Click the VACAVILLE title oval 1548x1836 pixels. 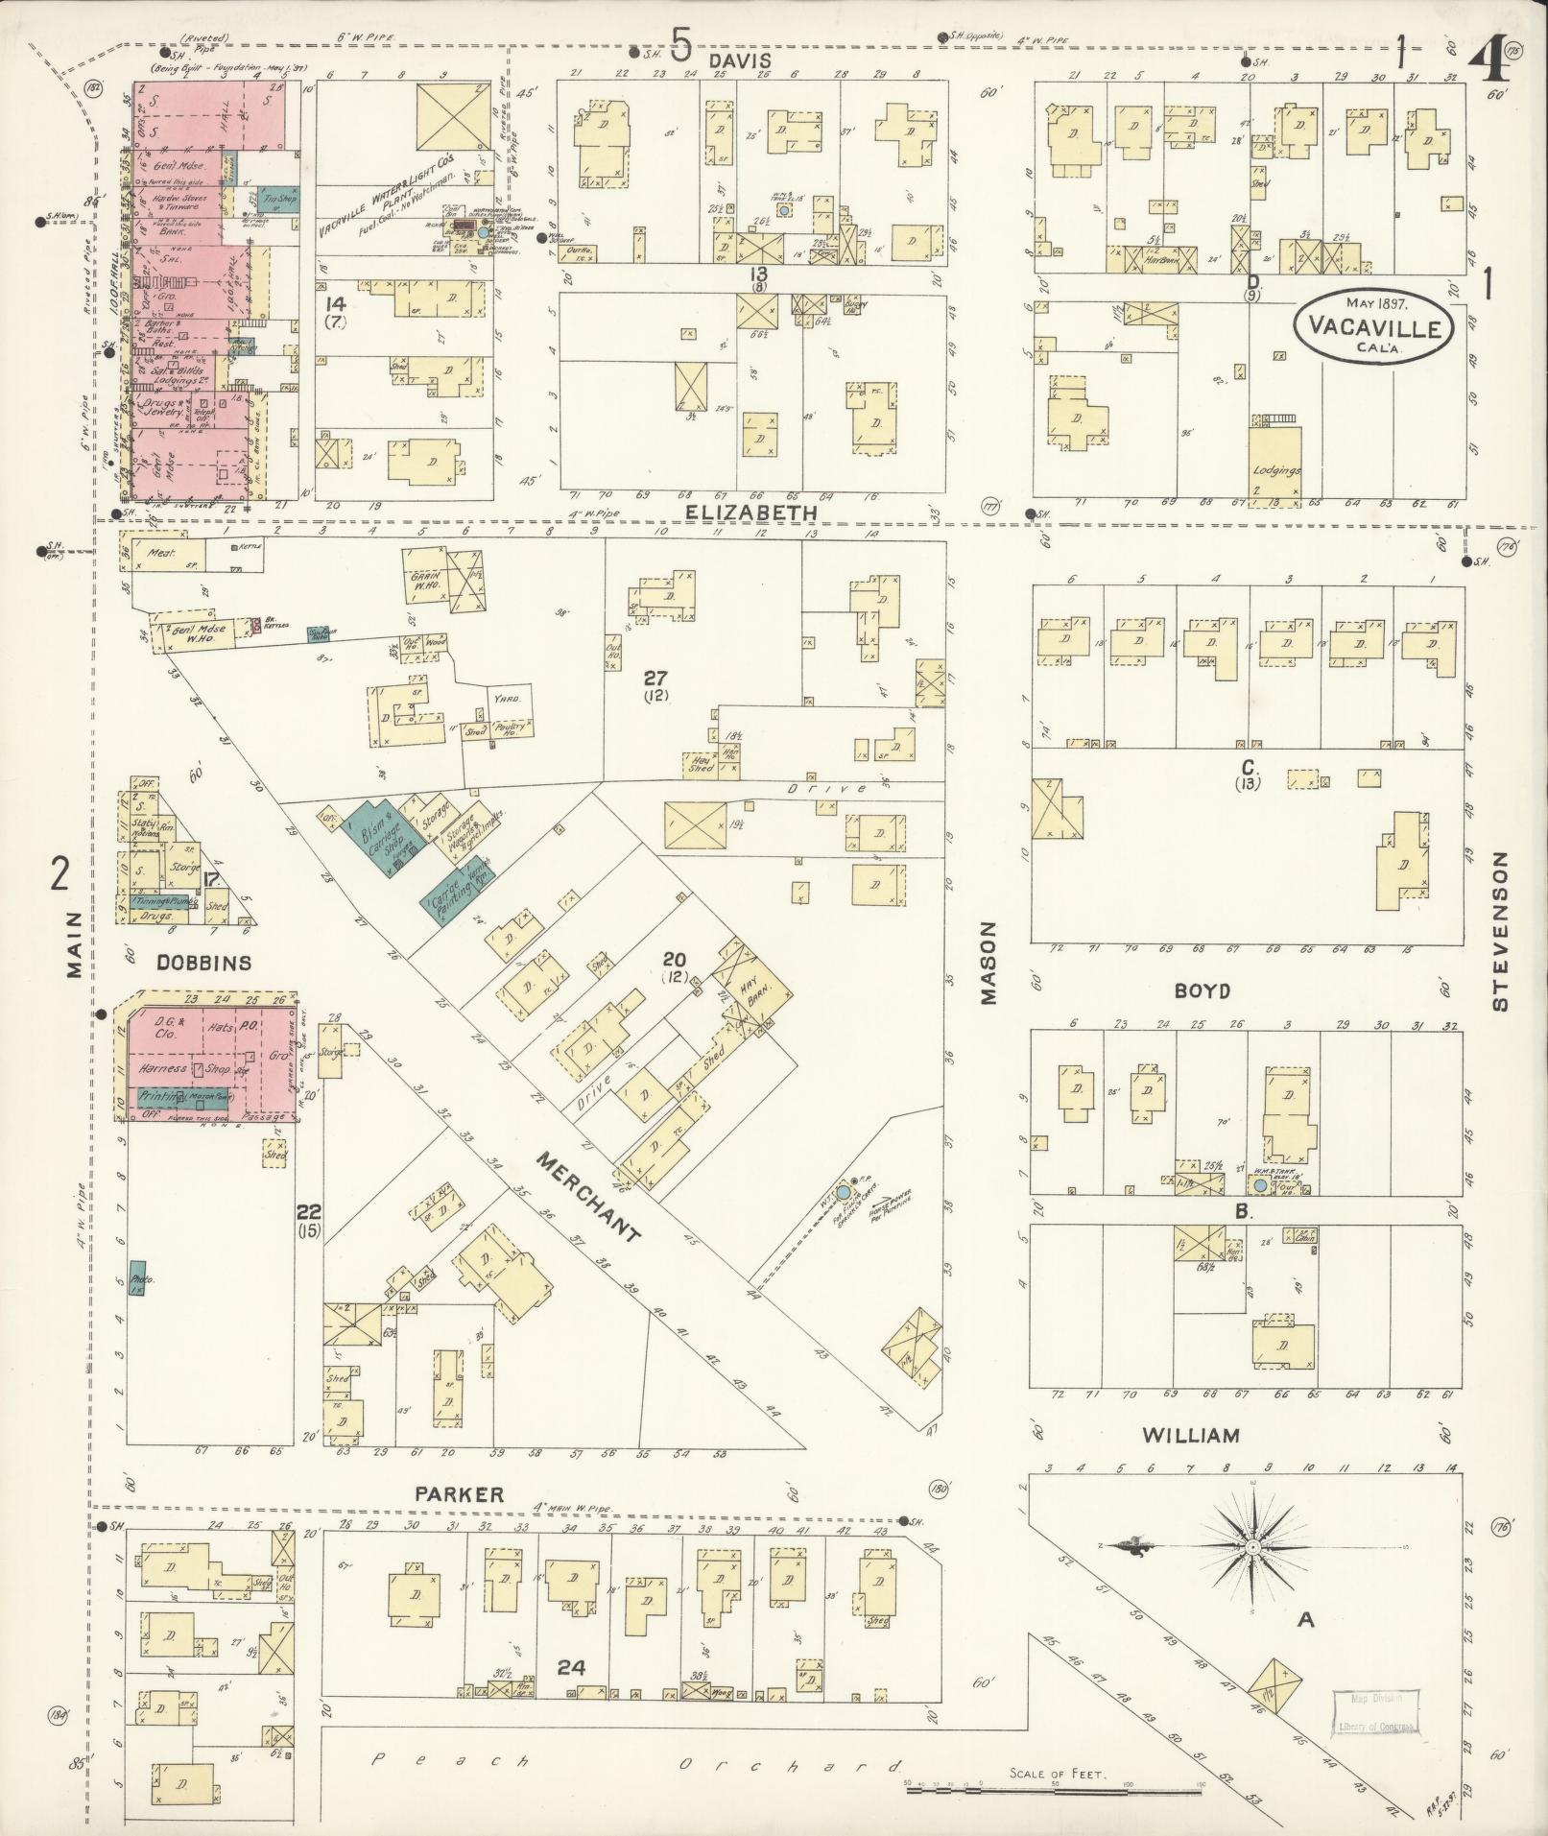[1373, 326]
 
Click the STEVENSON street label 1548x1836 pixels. [1500, 931]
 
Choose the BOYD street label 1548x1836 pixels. [1202, 990]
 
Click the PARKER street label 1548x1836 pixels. [459, 1521]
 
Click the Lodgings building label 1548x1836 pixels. [1275, 471]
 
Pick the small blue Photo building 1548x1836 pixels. [137, 1281]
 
